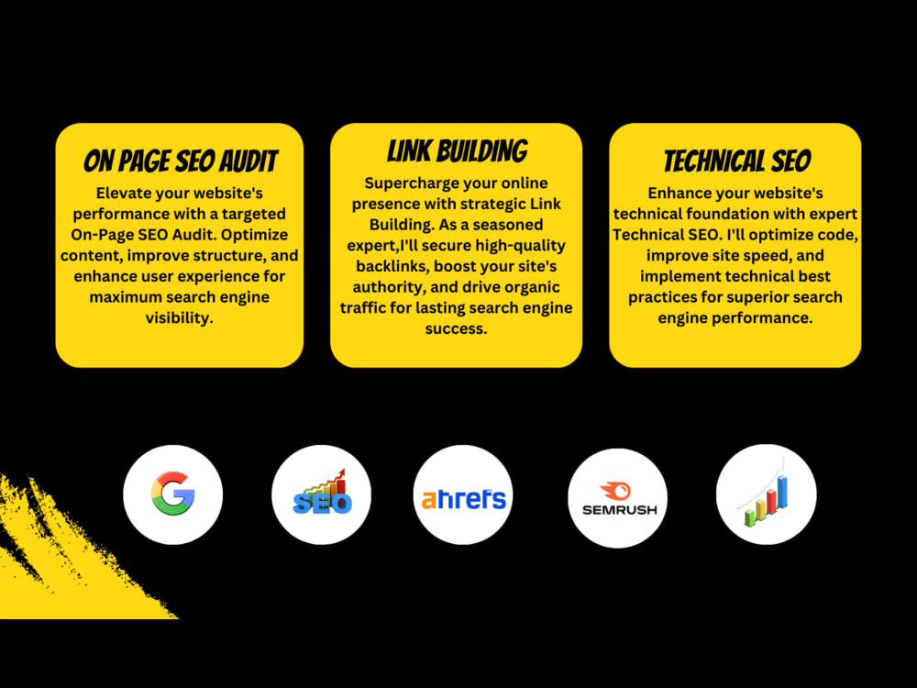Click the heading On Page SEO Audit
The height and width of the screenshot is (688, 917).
pyautogui.click(x=180, y=161)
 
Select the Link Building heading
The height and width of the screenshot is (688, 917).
pyautogui.click(x=457, y=151)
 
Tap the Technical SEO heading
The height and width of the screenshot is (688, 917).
pyautogui.click(x=737, y=161)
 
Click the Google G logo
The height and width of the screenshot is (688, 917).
pyautogui.click(x=173, y=494)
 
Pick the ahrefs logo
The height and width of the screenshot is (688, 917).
pyautogui.click(x=463, y=498)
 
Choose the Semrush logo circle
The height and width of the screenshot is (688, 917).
pyautogui.click(x=617, y=498)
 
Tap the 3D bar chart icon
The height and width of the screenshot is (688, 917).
pyautogui.click(x=766, y=494)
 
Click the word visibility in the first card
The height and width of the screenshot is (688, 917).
pyautogui.click(x=180, y=317)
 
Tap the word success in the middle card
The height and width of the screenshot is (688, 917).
pyautogui.click(x=456, y=328)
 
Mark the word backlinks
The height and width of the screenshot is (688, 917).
pyautogui.click(x=392, y=266)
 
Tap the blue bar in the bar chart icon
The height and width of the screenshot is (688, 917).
pyautogui.click(x=782, y=492)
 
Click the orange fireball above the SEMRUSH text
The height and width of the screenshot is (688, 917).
pyautogui.click(x=616, y=490)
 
